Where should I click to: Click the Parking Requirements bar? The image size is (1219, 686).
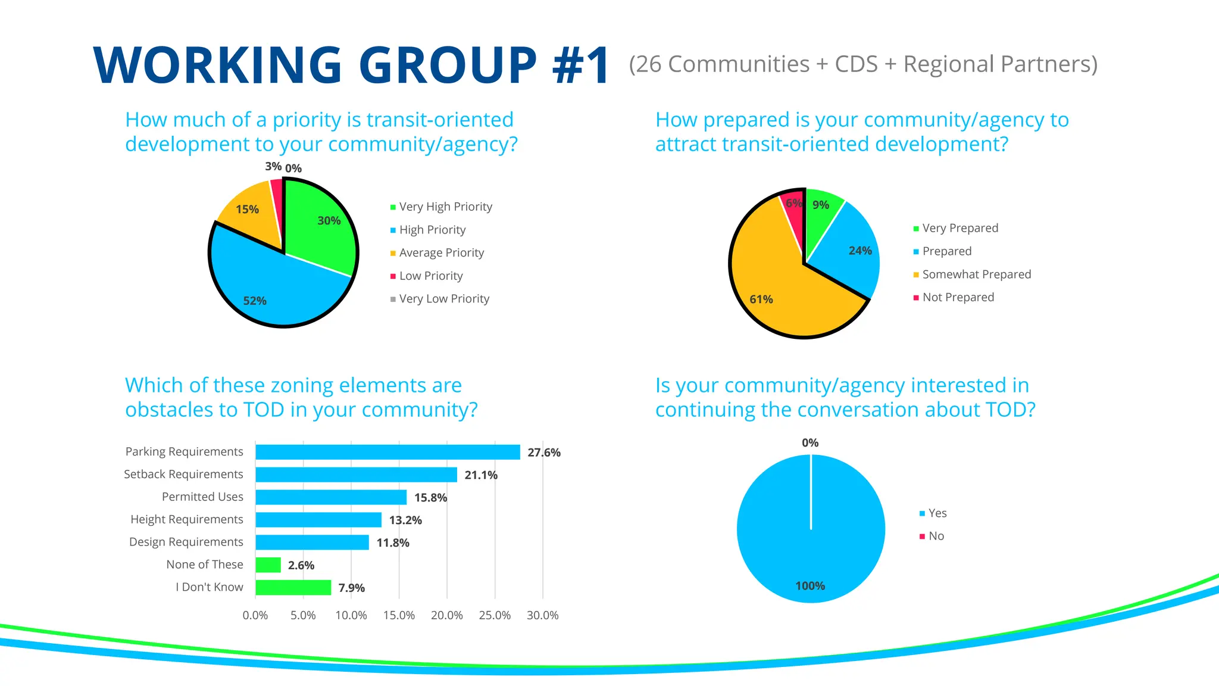[387, 453]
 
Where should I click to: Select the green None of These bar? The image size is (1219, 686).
[268, 565]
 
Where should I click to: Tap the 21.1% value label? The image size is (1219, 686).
[480, 475]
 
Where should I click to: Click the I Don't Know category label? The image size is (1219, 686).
[209, 587]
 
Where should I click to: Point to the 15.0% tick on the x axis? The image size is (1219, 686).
[399, 615]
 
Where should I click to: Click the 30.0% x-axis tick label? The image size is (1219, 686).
[542, 615]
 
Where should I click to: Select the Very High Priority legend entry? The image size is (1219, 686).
[445, 207]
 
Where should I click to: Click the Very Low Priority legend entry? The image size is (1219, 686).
[444, 299]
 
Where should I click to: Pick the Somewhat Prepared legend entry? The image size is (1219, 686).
[976, 275]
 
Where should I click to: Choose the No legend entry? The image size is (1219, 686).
[936, 536]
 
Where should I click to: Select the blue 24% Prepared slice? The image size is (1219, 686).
[848, 250]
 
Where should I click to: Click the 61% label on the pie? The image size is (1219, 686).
[761, 300]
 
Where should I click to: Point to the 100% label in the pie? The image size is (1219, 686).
[810, 586]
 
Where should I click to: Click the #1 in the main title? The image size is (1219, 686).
[580, 66]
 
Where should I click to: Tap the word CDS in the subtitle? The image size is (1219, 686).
[856, 64]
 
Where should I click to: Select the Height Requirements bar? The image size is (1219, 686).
[318, 520]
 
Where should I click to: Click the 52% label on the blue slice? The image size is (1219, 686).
[255, 301]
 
